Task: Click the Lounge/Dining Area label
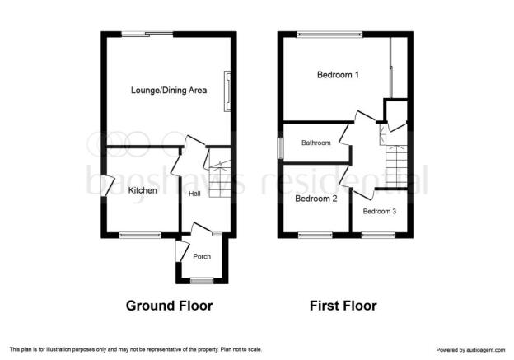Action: (x=169, y=90)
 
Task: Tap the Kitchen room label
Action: (x=143, y=190)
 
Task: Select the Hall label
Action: (x=194, y=194)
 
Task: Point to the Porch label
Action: (x=202, y=256)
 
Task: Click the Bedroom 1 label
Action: (x=338, y=75)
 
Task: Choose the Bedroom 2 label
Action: (x=316, y=199)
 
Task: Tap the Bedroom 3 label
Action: (x=379, y=211)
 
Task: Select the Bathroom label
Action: (x=316, y=143)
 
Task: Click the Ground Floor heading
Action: (x=169, y=306)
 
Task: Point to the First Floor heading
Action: (x=343, y=306)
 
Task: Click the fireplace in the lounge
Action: (x=227, y=91)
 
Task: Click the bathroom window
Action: (x=281, y=148)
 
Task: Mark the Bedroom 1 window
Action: (x=329, y=34)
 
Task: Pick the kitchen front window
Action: (x=140, y=235)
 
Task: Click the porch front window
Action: (x=202, y=280)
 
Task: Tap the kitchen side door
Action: (x=107, y=186)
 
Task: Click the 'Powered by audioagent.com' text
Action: (x=470, y=350)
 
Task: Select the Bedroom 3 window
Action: (x=379, y=235)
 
